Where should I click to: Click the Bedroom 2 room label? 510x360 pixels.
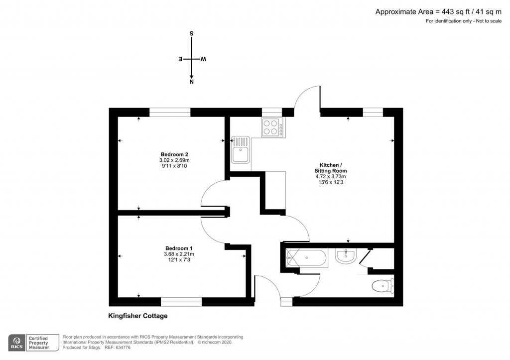click(174, 154)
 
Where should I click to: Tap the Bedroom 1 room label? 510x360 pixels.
click(179, 248)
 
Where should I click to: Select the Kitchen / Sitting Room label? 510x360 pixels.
click(331, 168)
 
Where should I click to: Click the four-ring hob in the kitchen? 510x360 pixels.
click(273, 127)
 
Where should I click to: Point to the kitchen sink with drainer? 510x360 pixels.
click(241, 150)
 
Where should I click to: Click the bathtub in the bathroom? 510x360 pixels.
click(306, 258)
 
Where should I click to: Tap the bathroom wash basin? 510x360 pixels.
click(346, 255)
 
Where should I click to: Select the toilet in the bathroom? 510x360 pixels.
click(383, 286)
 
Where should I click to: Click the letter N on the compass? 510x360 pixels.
click(192, 82)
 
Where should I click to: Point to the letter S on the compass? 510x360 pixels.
click(192, 33)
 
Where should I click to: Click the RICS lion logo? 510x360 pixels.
click(16, 343)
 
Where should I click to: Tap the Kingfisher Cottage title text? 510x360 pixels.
click(138, 316)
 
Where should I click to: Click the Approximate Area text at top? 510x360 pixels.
click(438, 12)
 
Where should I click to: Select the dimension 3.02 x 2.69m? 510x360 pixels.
click(174, 160)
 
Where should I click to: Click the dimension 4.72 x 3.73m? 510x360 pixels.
click(331, 177)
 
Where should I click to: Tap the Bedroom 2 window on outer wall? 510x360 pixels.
click(170, 113)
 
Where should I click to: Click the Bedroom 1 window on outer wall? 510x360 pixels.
click(181, 302)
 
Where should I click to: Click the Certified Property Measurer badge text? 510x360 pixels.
click(39, 343)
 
